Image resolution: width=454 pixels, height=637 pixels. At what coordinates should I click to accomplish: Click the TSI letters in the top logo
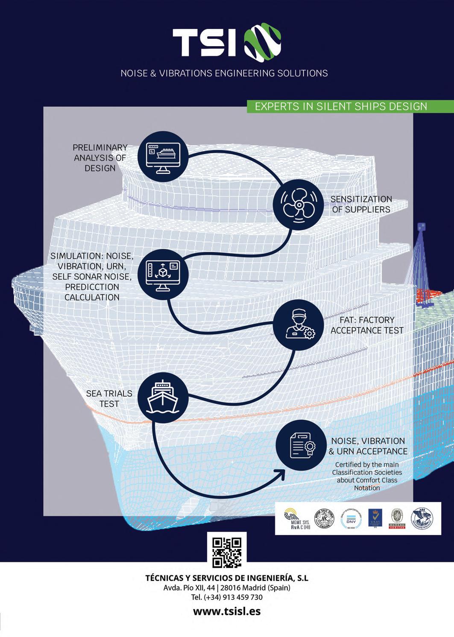(x=204, y=43)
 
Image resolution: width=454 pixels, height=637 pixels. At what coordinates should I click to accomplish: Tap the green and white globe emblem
(x=263, y=41)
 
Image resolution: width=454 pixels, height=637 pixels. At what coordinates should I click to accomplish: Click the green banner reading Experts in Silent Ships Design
(x=341, y=106)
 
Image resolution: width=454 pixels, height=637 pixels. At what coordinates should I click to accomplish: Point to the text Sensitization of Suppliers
(x=361, y=204)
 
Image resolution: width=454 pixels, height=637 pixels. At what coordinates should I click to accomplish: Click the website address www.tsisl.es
(x=227, y=611)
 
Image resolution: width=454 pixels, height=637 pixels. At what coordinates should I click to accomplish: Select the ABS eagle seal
(x=422, y=518)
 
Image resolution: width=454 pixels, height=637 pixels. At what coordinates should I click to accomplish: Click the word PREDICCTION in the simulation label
(x=92, y=287)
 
